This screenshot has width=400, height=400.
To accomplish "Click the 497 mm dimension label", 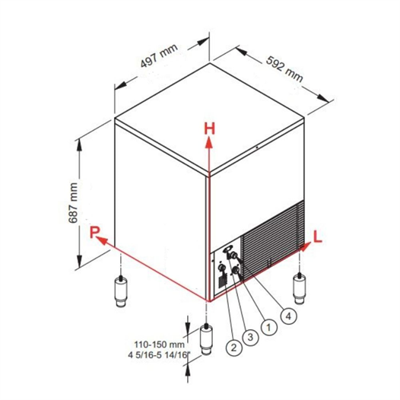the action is (x=159, y=56).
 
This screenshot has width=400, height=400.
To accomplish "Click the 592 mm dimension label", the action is (x=284, y=69).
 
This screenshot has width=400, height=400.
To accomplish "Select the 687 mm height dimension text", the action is (x=74, y=202).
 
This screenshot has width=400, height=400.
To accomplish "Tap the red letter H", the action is (x=210, y=129).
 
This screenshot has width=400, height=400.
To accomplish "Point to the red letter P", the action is (x=94, y=232).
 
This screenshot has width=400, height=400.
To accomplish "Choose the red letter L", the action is (x=318, y=237).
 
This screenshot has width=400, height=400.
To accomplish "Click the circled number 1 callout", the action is (x=269, y=327).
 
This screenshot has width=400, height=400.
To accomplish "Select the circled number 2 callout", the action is (x=233, y=348).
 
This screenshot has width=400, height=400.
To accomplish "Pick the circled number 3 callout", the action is (x=250, y=337).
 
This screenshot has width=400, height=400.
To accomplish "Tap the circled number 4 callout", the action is (x=288, y=316).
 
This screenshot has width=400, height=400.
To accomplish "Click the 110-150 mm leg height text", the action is (x=160, y=344).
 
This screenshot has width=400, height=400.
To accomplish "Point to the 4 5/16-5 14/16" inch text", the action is (x=160, y=355).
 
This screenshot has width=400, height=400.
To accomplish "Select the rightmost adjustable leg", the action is (x=299, y=288).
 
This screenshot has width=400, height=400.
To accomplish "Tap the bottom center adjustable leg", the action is (x=207, y=339).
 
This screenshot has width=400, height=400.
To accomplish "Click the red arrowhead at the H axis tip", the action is (x=209, y=142).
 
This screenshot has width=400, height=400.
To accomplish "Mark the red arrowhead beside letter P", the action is (x=102, y=240).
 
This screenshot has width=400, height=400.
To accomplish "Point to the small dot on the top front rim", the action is (x=257, y=148).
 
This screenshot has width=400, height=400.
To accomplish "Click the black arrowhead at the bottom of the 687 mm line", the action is (x=80, y=261).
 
